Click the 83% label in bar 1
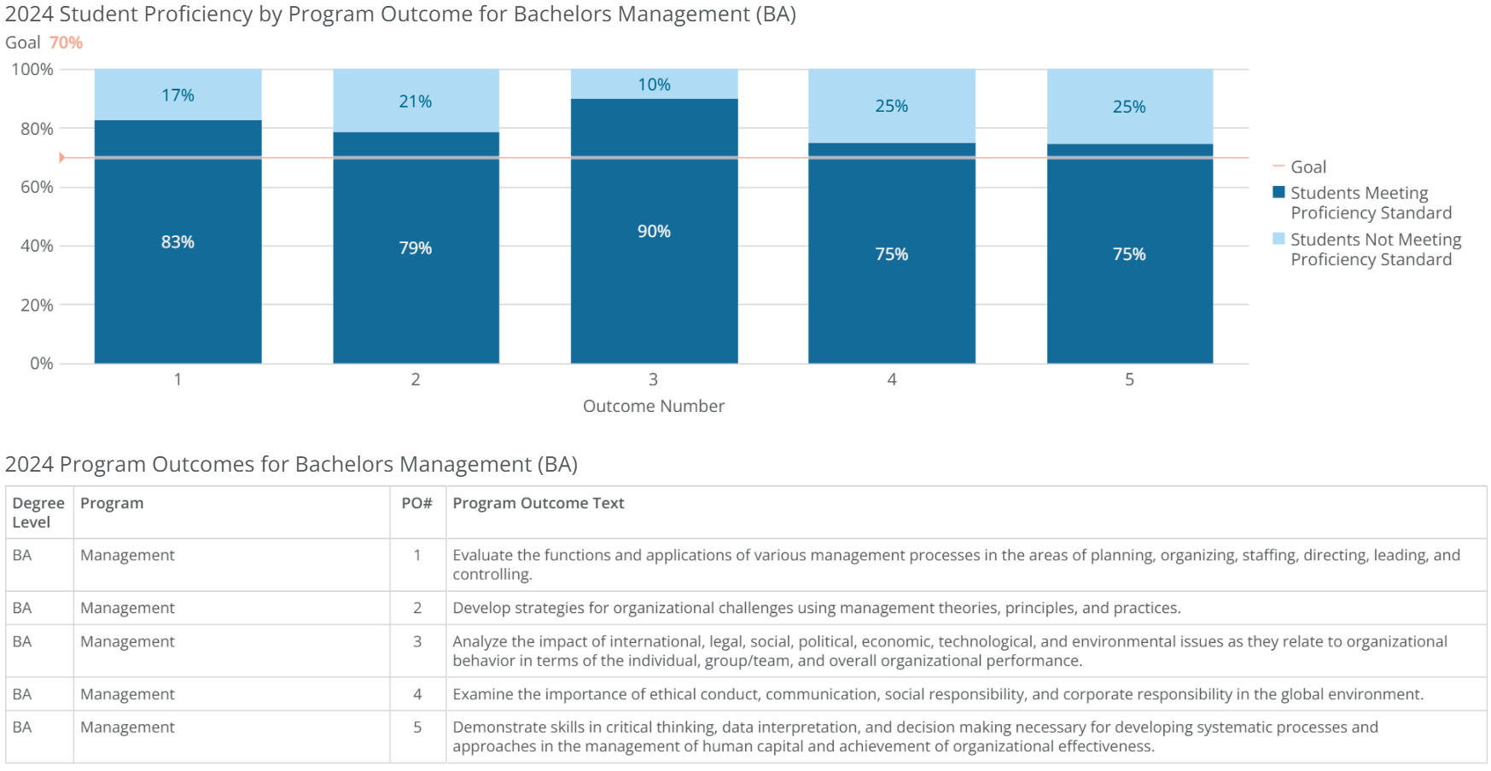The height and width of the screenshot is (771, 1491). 178,242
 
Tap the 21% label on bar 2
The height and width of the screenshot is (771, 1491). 415,101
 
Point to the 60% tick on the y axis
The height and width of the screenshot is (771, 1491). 37,187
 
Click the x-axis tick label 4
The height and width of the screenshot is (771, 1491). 892,380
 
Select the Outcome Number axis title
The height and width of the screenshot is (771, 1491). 654,406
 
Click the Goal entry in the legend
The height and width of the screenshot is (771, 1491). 1308,167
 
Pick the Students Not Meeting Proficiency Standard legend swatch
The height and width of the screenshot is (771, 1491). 1278,239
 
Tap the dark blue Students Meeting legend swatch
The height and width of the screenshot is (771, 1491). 1278,192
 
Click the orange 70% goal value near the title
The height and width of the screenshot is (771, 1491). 66,43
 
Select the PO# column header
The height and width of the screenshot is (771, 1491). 416,503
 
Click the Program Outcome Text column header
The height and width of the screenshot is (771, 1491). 539,503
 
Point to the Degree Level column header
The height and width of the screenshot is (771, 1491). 38,513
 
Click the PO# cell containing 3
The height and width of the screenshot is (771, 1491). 417,641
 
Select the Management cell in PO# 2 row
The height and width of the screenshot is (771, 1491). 127,608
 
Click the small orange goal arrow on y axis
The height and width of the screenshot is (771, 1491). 61,158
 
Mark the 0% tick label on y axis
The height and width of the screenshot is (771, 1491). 41,363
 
